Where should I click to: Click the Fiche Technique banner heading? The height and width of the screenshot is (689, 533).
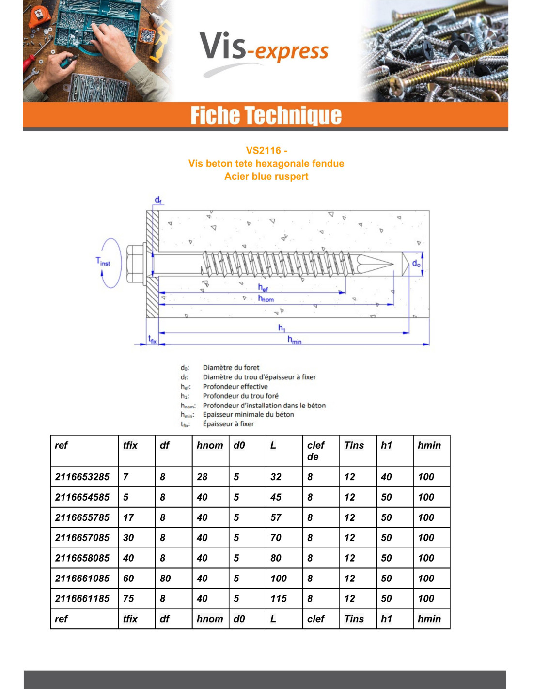point(266,115)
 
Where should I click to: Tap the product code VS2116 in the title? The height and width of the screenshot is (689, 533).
point(263,150)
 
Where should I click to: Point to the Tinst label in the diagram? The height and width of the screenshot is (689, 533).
point(103,262)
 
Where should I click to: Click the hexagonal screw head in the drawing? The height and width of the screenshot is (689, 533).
point(135,264)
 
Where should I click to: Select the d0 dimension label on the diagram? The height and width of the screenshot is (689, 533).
point(416,263)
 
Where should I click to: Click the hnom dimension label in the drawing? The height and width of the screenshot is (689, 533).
point(266,298)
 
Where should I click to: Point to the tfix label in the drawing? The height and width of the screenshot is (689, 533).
point(152,339)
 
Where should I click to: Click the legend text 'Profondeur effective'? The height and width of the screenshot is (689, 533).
point(235,387)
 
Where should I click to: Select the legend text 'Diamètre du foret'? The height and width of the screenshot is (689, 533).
point(231,368)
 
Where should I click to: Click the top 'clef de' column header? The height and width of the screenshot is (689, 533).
point(315,451)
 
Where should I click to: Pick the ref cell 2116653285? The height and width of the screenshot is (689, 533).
point(82,477)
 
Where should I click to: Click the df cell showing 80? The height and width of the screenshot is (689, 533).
point(165,579)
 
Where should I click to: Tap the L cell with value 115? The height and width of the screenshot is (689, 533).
point(279,599)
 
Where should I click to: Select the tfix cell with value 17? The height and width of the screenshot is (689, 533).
point(128,517)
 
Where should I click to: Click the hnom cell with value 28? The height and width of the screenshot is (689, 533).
point(202,477)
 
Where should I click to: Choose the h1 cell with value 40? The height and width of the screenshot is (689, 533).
point(386,477)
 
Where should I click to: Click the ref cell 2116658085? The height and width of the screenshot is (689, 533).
point(82,558)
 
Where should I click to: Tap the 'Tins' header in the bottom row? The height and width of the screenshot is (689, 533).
point(354,619)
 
